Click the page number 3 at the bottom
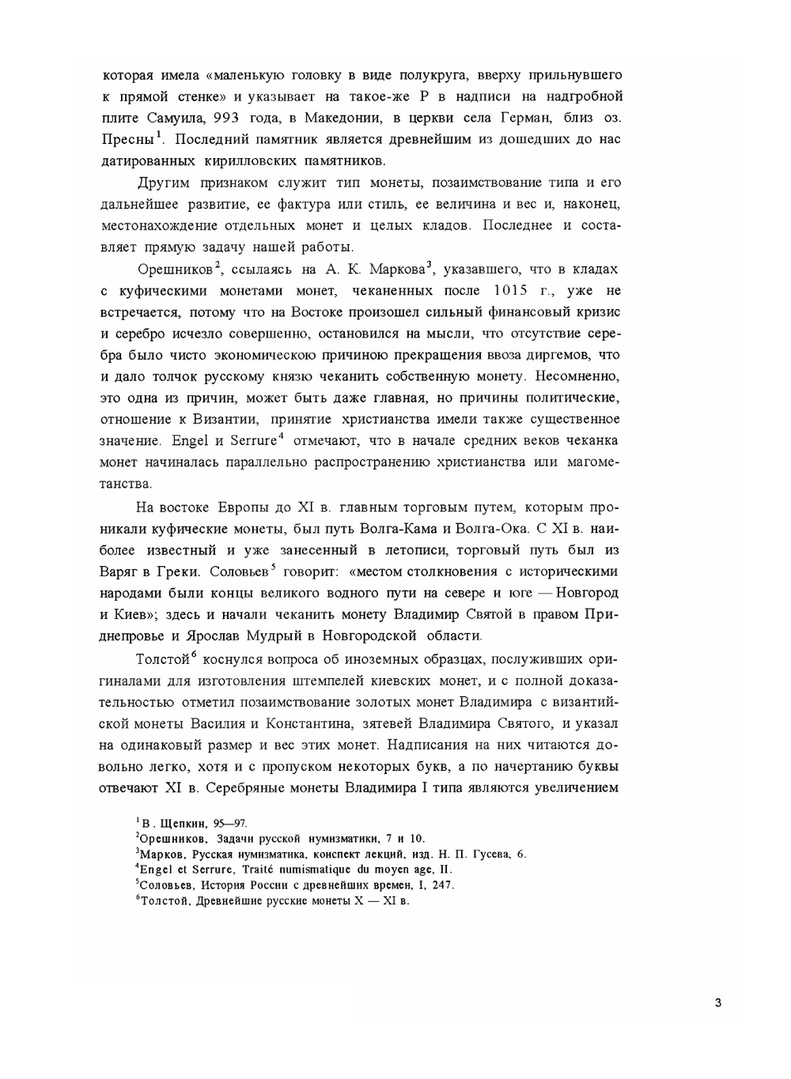pos(717,1004)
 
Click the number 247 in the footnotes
pos(440,885)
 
